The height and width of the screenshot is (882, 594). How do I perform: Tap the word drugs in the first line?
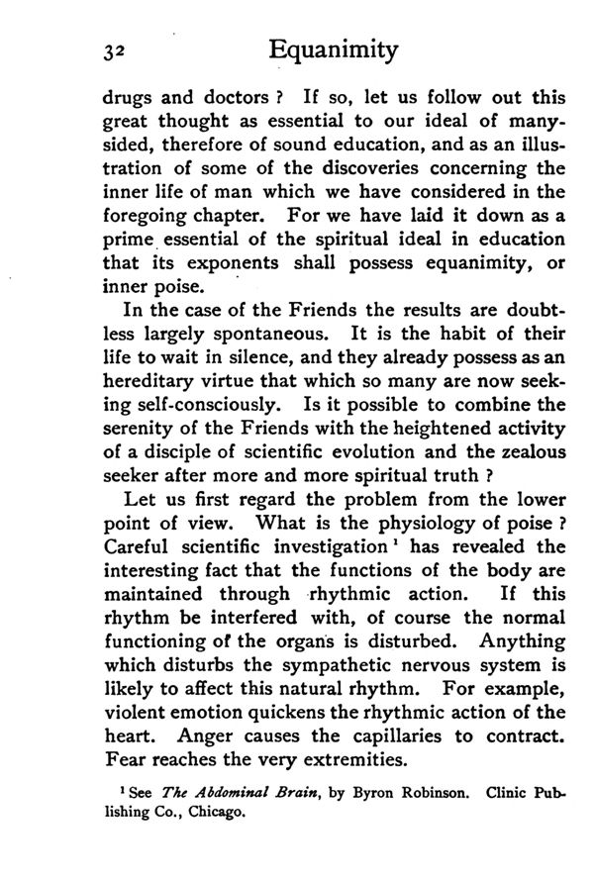click(x=127, y=100)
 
